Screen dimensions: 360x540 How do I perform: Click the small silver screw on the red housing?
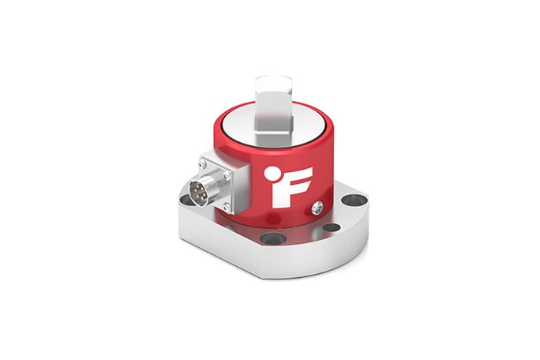pyautogui.click(x=317, y=207)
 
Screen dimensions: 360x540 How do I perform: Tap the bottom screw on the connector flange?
pyautogui.click(x=227, y=207)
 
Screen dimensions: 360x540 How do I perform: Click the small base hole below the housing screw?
pyautogui.click(x=332, y=227)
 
